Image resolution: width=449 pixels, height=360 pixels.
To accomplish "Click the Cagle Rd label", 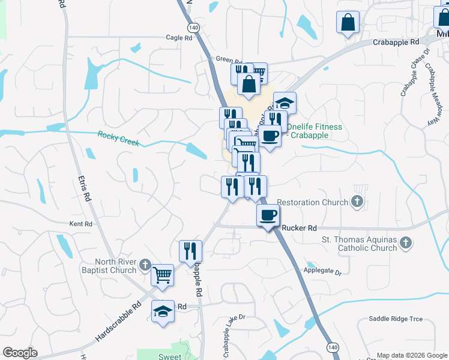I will pos(179,37).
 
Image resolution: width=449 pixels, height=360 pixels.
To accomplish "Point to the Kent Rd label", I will pos(80,224).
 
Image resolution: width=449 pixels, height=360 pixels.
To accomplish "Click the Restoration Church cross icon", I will pos(357,202).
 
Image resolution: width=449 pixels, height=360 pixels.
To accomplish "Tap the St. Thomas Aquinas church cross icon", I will pos(406,243).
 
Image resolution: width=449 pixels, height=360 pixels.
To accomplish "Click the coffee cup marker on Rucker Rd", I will pos(268,214).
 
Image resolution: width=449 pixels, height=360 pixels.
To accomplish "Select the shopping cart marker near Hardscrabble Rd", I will pos(162,274).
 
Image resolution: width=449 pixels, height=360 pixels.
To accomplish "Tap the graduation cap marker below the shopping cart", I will pos(163,311).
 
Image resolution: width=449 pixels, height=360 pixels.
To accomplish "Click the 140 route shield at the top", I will pos(193,28).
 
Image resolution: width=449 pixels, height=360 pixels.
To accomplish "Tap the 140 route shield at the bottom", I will pos(332,347).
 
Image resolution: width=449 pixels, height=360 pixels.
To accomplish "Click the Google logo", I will pos(20,353).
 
